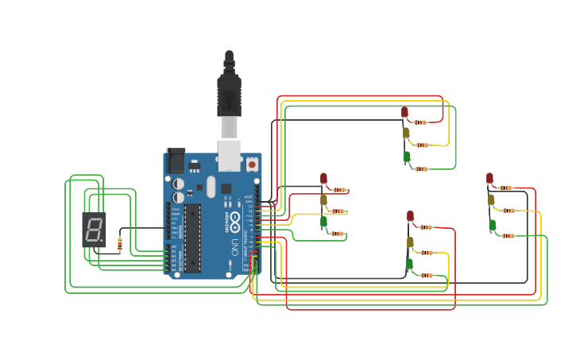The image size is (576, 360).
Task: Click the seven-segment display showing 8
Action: tap(94, 229)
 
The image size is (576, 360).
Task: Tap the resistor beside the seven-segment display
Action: tap(120, 245)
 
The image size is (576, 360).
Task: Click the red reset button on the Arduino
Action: tap(252, 164)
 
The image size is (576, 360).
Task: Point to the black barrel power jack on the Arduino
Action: tap(176, 161)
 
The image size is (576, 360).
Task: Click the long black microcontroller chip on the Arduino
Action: tap(192, 238)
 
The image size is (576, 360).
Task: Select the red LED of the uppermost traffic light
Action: tap(404, 112)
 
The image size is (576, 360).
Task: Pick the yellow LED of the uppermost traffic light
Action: tap(406, 133)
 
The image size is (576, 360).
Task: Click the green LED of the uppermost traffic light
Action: tap(407, 157)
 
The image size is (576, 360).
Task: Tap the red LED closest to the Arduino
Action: tap(323, 178)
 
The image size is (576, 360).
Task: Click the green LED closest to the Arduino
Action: tap(323, 222)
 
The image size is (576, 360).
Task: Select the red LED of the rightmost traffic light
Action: tap(489, 178)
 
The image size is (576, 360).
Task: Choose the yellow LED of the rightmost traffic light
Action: tap(491, 199)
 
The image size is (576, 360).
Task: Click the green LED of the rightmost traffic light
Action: tap(493, 225)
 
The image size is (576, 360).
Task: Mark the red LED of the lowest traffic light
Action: tap(410, 215)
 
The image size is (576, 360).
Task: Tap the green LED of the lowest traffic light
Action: tap(410, 263)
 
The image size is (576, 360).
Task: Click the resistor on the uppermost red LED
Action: tap(420, 122)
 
